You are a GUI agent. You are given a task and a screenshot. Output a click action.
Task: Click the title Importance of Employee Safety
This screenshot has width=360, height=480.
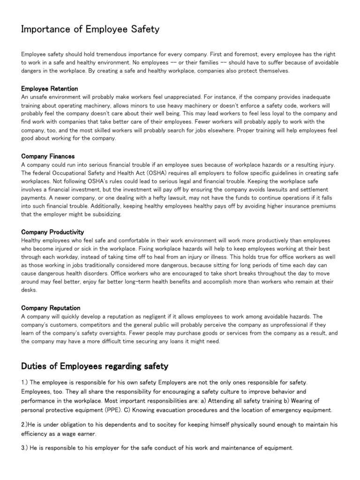pos(90,30)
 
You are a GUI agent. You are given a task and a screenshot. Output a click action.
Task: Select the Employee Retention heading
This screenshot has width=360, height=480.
pos(50,89)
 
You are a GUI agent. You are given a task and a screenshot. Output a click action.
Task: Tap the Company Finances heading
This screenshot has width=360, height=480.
pos(48,156)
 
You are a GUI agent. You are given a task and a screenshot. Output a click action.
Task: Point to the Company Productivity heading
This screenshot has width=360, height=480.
pos(53,232)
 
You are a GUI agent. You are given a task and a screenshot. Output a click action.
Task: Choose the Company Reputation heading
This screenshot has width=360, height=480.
pos(51,308)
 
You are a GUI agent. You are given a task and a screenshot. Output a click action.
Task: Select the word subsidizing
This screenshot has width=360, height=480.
pos(107,215)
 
